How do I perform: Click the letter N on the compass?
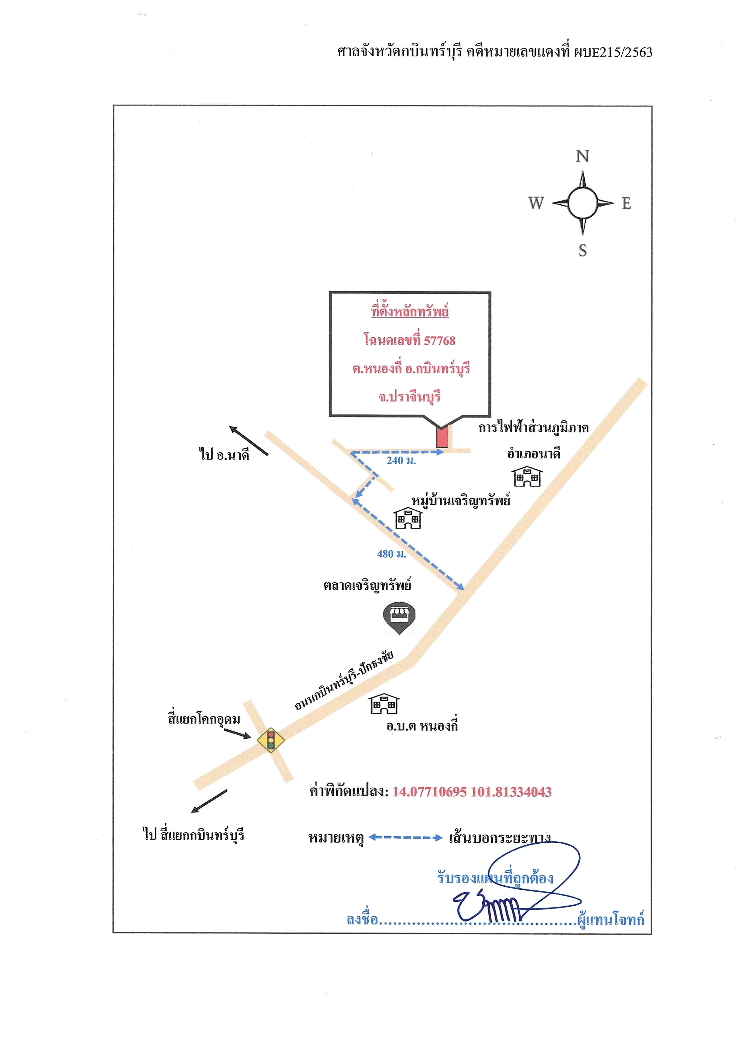583,157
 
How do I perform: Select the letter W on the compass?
536,203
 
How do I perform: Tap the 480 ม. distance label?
391,554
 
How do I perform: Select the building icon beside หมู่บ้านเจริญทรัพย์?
408,518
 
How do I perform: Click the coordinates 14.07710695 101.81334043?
472,792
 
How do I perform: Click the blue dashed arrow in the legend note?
406,837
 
